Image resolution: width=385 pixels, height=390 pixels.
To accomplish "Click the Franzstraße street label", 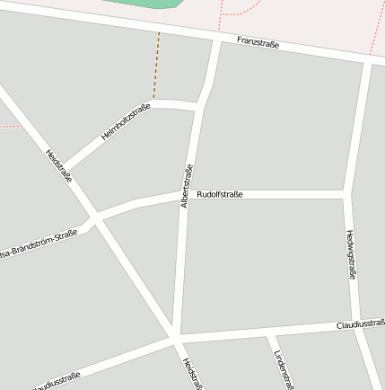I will click(258, 43).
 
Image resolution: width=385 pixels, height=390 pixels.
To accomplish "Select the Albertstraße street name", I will click(187, 187).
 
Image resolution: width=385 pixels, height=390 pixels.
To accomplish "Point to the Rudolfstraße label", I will click(220, 194).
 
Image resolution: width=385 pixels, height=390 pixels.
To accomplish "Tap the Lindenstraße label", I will click(283, 368).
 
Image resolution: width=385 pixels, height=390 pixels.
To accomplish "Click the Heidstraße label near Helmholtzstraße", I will click(58, 164).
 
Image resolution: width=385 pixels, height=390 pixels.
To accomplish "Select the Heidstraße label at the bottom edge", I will click(190, 374).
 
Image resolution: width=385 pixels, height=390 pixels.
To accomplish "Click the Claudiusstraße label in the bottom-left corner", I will click(57, 381).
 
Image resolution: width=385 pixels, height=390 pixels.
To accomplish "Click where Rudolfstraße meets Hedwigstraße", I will click(347, 194).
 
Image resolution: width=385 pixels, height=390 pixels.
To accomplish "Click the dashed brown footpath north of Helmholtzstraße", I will click(157, 67).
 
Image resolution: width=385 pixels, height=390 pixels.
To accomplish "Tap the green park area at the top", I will click(135, 3).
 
